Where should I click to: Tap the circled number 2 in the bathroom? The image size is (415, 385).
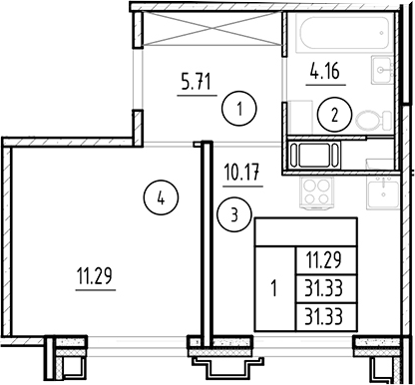coord(335,116)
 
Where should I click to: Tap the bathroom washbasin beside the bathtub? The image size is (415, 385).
coord(381,68)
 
